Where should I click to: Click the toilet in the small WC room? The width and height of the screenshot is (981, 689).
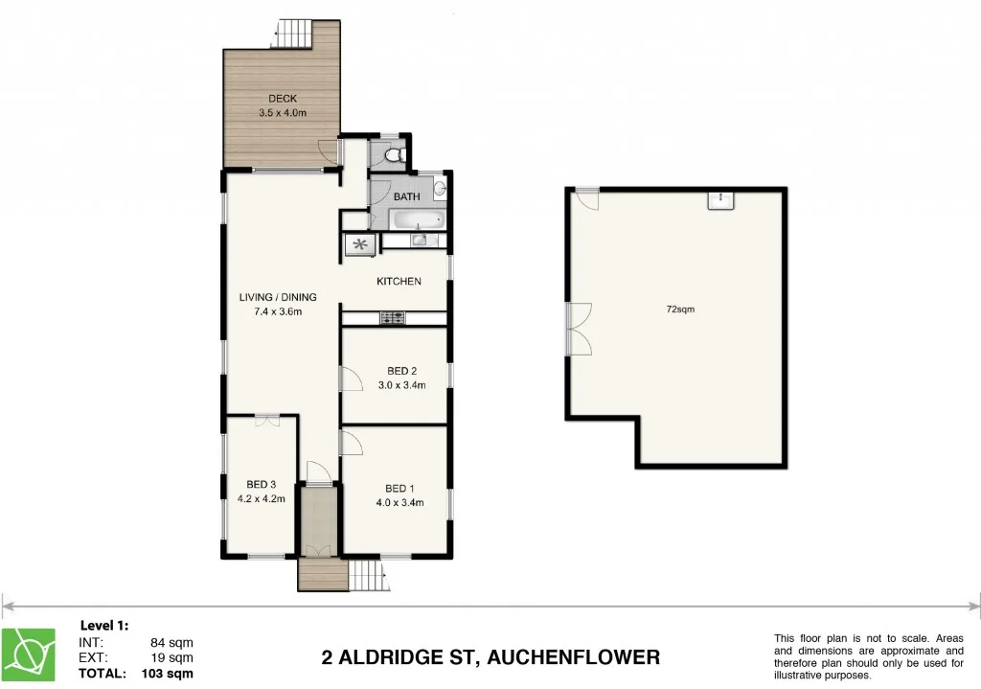393,153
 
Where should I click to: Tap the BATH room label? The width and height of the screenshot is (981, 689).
407,196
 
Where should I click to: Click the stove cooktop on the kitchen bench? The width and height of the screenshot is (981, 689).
392,317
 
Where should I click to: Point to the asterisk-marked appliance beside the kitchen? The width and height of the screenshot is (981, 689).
360,244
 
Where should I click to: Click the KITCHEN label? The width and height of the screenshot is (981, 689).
399,281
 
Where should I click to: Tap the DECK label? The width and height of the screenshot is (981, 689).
283,98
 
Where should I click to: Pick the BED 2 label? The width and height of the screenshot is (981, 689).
401,371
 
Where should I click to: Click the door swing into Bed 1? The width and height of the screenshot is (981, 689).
351,442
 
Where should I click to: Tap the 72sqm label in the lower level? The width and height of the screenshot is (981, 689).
680,310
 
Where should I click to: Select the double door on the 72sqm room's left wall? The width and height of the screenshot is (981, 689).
579,328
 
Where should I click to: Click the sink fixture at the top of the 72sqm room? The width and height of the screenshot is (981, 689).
720,198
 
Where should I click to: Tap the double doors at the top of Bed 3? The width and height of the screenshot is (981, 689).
266,420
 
